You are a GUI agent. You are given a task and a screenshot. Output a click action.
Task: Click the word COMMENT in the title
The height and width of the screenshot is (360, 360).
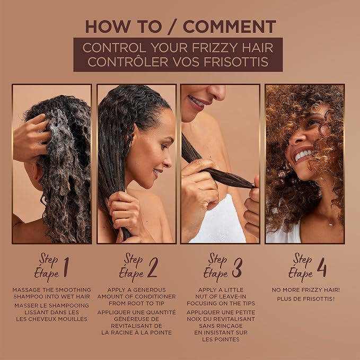[230, 27]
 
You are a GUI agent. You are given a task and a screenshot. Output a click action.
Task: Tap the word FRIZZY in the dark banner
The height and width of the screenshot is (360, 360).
[213, 48]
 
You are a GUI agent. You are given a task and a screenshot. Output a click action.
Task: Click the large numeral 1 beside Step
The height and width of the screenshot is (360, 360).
[66, 267]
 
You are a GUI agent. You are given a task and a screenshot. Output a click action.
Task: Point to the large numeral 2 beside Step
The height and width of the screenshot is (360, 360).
[153, 267]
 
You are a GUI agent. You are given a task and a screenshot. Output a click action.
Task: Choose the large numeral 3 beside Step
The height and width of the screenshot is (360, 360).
[237, 267]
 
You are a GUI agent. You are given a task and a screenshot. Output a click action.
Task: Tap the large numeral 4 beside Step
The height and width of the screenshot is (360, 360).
[322, 267]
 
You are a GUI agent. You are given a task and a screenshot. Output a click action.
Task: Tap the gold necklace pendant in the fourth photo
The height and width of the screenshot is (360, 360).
[330, 224]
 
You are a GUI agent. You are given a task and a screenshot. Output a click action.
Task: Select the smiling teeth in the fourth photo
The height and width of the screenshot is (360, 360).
[303, 155]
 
